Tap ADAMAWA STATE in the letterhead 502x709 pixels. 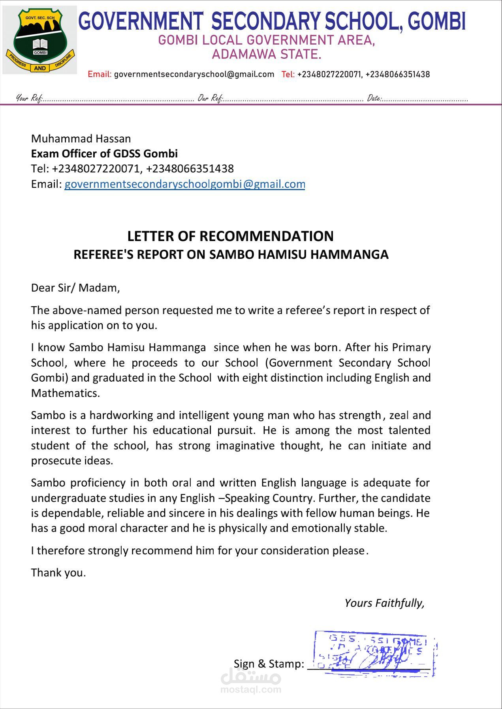coord(267,54)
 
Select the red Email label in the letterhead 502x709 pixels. coord(100,74)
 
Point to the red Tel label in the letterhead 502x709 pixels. coord(288,74)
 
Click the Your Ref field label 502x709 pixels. coord(29,98)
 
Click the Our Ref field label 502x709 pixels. coord(211,98)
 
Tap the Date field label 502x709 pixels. coord(374,98)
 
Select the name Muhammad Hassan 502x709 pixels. coord(81,138)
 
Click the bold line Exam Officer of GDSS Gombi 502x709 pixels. coord(104,153)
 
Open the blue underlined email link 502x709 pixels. coord(184,184)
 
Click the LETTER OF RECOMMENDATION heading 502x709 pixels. coord(230,236)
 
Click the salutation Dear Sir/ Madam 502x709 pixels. coord(75,288)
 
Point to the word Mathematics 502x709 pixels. coord(66,393)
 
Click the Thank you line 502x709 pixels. coord(58,572)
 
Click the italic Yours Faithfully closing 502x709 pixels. coord(384,603)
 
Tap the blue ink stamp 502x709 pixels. coord(374,653)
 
